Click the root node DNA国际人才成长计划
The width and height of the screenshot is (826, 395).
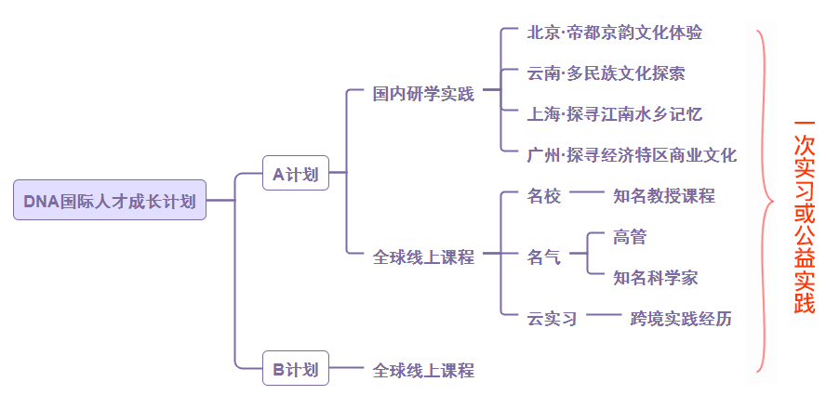pyautogui.click(x=110, y=200)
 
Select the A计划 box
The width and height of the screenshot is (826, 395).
pyautogui.click(x=296, y=173)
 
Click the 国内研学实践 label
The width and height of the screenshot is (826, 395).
pyautogui.click(x=423, y=94)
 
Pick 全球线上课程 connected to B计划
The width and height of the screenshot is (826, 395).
pyautogui.click(x=423, y=371)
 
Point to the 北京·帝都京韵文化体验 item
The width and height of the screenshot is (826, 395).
pyautogui.click(x=614, y=33)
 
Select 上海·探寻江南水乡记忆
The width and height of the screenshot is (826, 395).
pyautogui.click(x=614, y=114)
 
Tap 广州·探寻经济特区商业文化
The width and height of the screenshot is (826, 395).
pyautogui.click(x=632, y=155)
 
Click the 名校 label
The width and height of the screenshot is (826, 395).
pyautogui.click(x=544, y=196)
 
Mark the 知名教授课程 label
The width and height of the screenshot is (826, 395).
pyautogui.click(x=664, y=196)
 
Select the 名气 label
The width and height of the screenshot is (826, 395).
pyautogui.click(x=544, y=257)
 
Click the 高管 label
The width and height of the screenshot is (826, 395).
pyautogui.click(x=630, y=237)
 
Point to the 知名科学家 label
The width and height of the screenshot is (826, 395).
pyautogui.click(x=656, y=278)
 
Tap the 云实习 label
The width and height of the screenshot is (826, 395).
pyautogui.click(x=553, y=319)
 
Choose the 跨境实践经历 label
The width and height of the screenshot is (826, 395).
pyautogui.click(x=681, y=319)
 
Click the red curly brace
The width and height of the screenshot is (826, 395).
pyautogui.click(x=766, y=200)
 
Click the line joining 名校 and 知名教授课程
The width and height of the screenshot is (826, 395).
pyautogui.click(x=587, y=194)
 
